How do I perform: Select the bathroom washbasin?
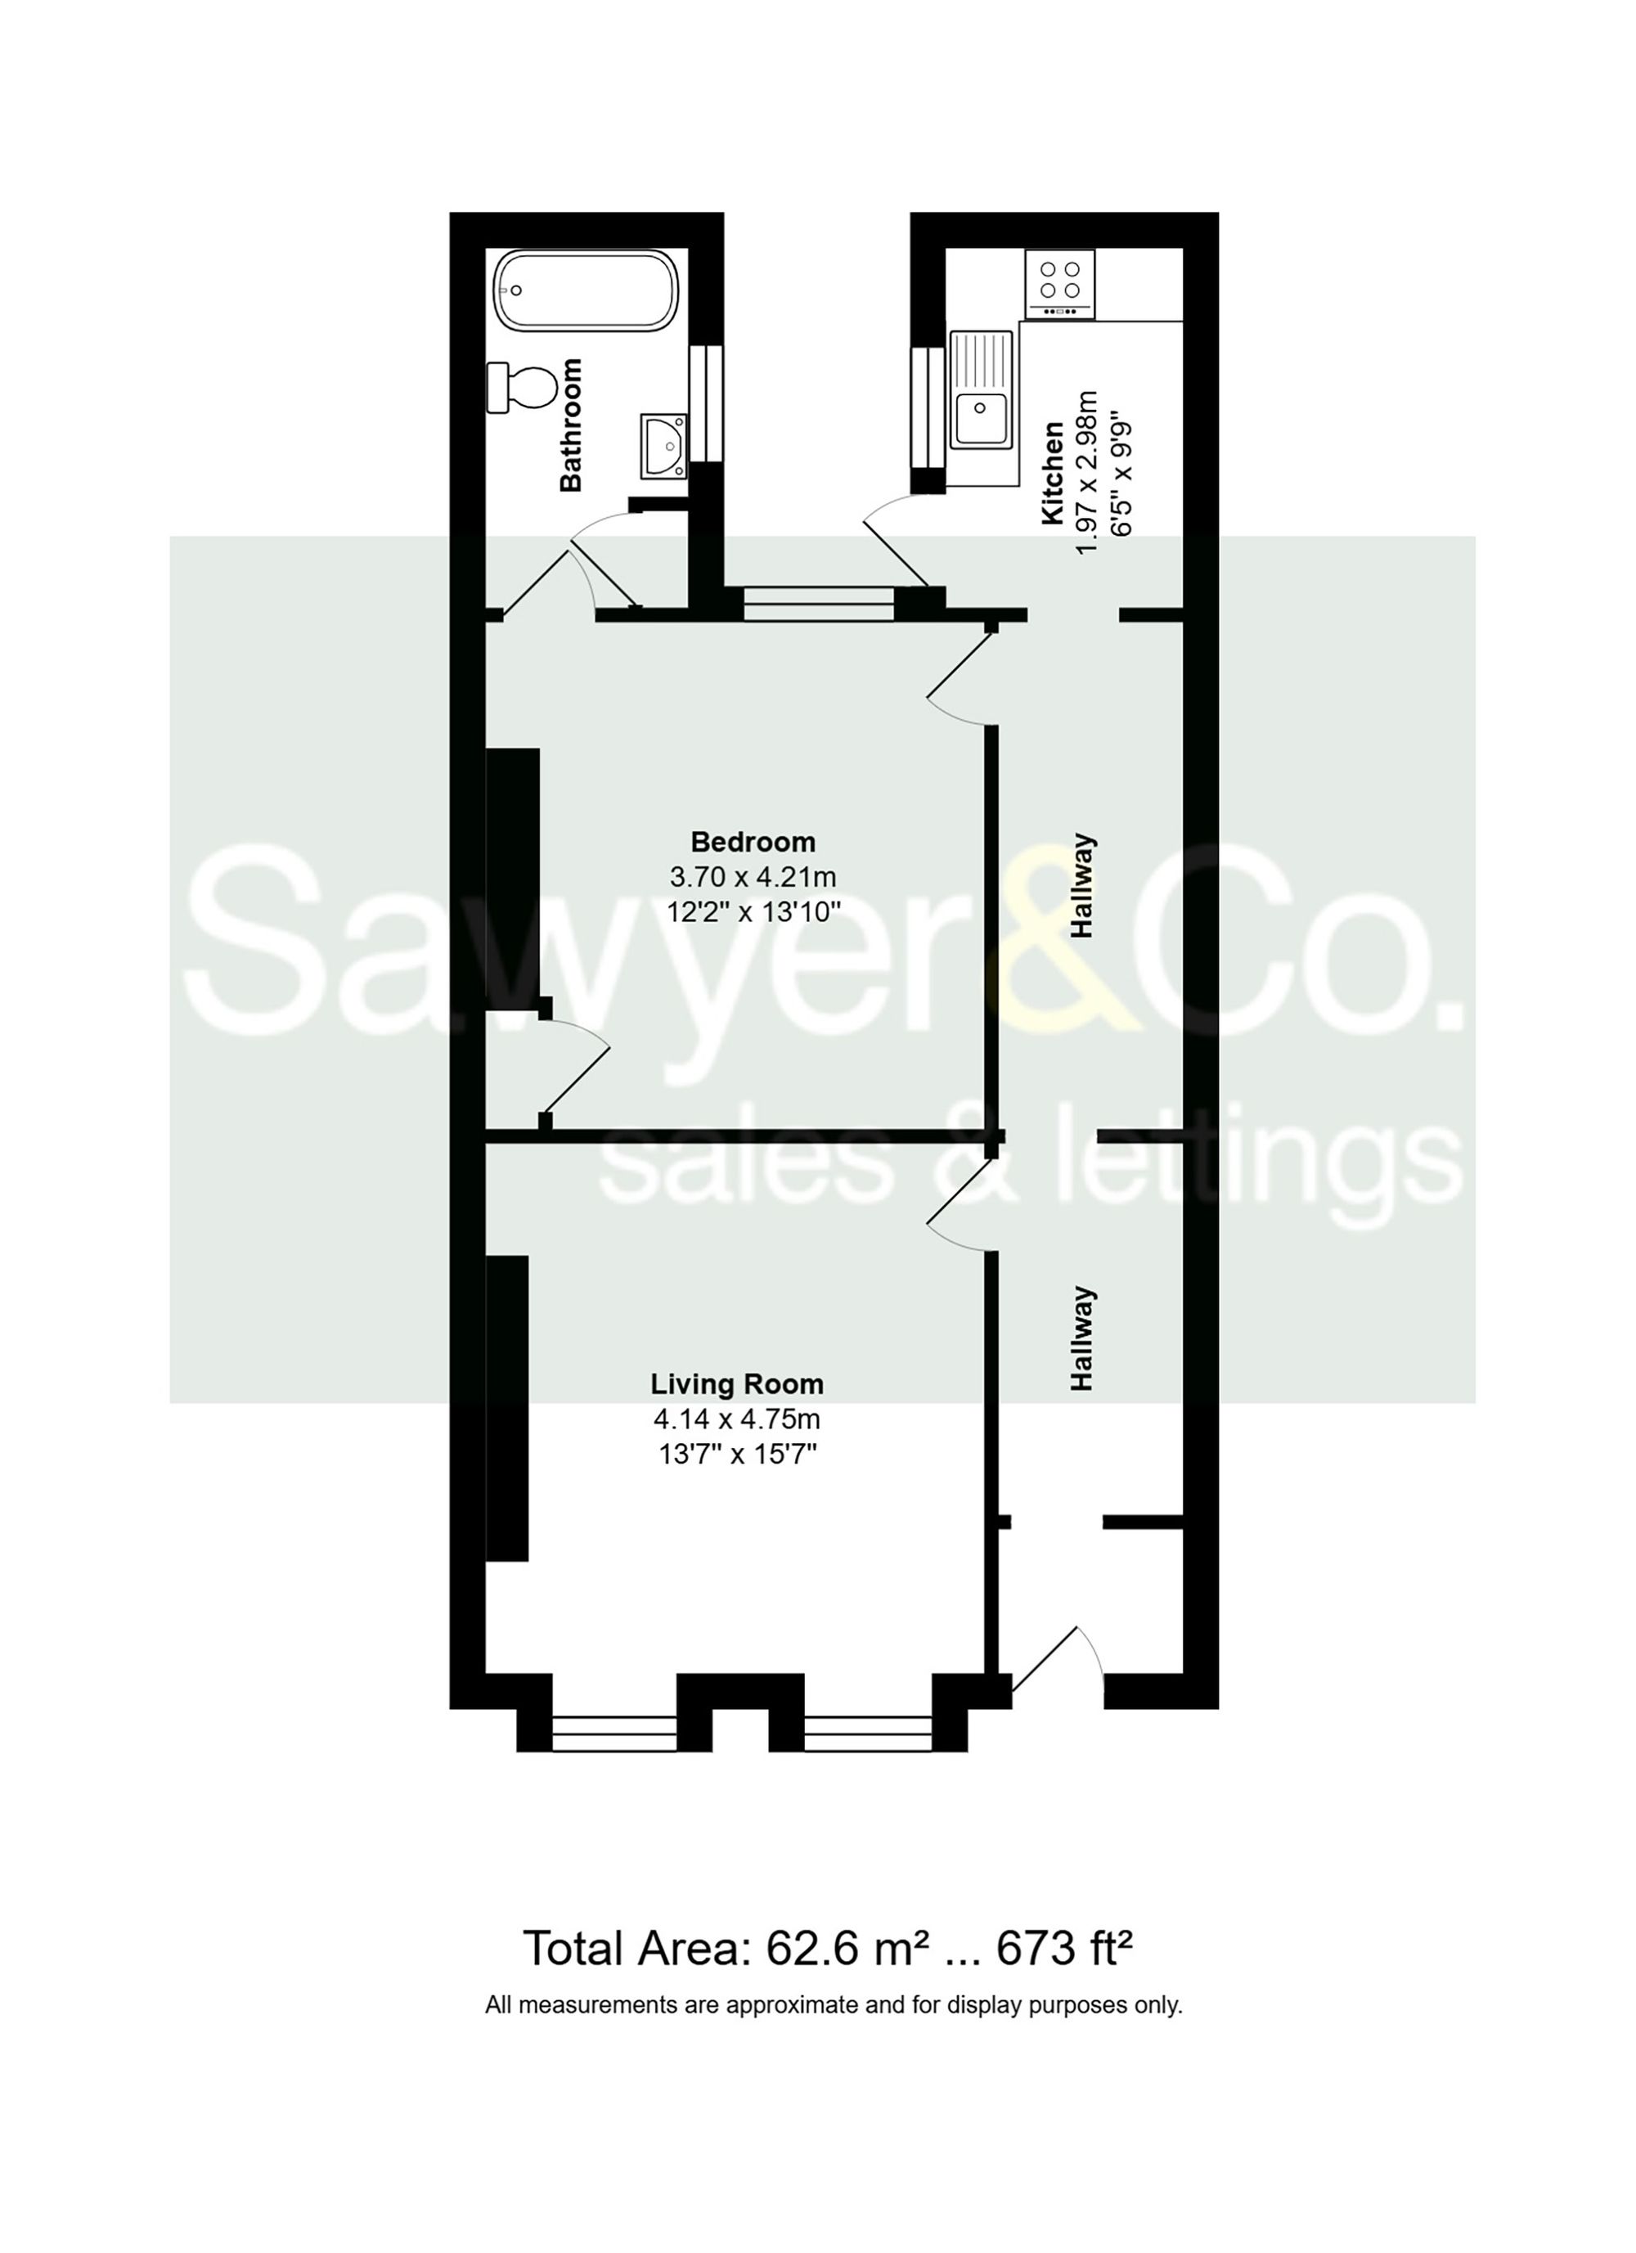point(663,445)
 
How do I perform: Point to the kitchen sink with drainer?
point(981,389)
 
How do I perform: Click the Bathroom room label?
point(571,425)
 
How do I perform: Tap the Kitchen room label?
point(1052,472)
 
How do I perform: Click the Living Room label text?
point(737,1384)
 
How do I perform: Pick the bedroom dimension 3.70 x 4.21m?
point(753,877)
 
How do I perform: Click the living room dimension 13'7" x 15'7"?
point(737,1455)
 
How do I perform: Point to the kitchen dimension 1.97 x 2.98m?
point(1088,472)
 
